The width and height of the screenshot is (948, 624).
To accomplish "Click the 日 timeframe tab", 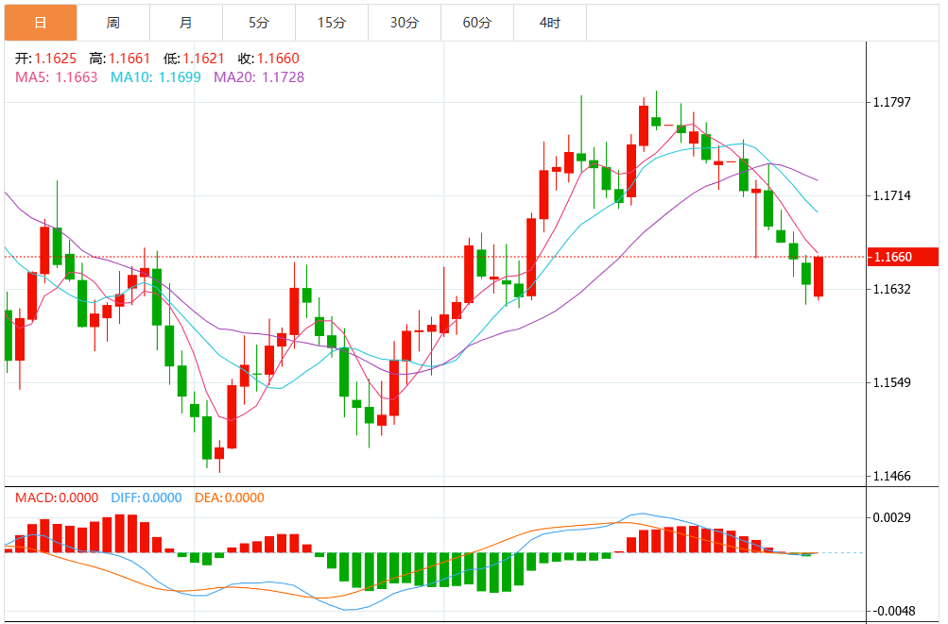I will coord(41,23).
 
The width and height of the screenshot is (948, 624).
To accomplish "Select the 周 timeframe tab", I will coord(113,23).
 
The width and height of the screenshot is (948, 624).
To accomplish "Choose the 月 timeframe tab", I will coord(185,23).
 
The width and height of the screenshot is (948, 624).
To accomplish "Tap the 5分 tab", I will coord(258,23).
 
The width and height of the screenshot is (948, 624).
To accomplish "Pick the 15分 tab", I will coord(331,23).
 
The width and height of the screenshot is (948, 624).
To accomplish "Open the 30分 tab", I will coord(404,23).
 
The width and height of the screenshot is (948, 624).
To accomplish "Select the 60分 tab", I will coord(476,23).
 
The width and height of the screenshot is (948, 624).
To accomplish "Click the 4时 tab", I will coord(549,23).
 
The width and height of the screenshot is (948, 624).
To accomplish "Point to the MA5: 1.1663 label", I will coord(56,77).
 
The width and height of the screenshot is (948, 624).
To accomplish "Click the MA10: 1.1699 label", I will coord(155,77).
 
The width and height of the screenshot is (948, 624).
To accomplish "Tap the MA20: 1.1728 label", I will coord(259,77).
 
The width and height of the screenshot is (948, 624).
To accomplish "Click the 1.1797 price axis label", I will coord(892,102).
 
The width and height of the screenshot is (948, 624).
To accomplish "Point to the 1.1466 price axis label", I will coord(892,476).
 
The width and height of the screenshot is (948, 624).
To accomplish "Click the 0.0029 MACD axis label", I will coord(892,517).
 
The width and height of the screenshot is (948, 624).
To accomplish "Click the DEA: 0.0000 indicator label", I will coord(230,498).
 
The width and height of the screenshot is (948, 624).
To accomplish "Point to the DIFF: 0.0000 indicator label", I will coord(147,498).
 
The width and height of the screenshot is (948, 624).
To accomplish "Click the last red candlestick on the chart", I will coord(819,277).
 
